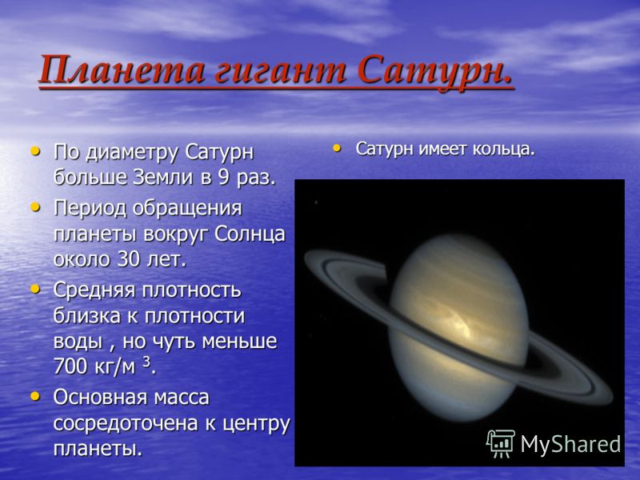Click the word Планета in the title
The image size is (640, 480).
[122, 70]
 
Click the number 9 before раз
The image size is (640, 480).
[223, 178]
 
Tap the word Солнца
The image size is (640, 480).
[250, 234]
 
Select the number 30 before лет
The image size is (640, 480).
[129, 259]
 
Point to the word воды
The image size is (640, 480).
[78, 342]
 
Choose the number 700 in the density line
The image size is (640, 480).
[70, 366]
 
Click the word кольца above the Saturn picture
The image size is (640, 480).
[504, 150]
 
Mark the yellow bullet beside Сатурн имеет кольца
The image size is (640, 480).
[337, 148]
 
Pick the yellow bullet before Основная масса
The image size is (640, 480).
[36, 396]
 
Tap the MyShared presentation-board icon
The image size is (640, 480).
[501, 443]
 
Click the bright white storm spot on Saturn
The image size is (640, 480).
[462, 322]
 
